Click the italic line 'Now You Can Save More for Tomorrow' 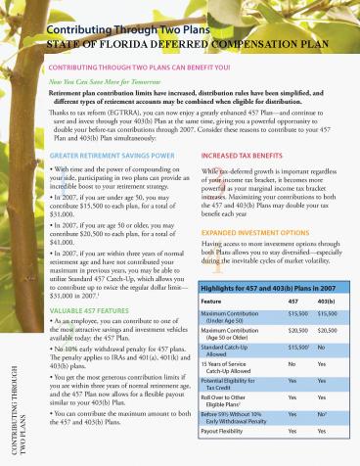(x=96, y=86)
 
